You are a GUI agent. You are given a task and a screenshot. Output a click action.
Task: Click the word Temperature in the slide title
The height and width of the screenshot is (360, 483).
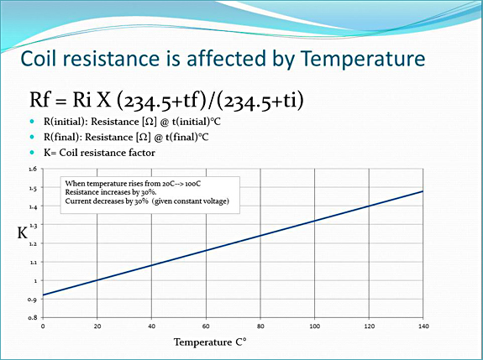[x=363, y=59]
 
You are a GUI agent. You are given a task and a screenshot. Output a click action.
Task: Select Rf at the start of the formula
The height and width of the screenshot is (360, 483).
[x=40, y=99]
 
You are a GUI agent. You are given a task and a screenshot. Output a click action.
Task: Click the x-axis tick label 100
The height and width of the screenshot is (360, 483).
[x=314, y=326]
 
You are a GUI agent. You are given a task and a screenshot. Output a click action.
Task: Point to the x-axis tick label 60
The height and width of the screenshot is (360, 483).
[x=206, y=326]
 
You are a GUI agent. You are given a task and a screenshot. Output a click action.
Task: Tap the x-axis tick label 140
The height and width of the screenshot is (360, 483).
[x=423, y=326]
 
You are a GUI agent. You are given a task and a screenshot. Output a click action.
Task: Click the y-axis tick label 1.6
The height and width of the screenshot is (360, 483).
[x=33, y=169]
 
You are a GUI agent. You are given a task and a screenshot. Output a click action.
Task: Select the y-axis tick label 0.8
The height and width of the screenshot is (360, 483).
[x=33, y=317]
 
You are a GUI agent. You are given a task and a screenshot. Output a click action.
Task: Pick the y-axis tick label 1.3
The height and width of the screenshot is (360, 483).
[x=33, y=225]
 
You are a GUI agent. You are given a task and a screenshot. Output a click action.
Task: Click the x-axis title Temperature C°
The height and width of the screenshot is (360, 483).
[x=210, y=342]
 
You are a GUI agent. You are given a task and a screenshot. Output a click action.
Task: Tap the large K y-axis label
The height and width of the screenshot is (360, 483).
[x=23, y=233]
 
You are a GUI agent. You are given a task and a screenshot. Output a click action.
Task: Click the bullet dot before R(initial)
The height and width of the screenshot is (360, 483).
[x=32, y=121]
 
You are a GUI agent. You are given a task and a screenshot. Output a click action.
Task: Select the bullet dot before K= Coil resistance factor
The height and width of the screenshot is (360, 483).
[x=32, y=152]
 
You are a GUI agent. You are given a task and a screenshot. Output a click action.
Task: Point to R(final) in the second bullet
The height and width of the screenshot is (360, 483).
[x=62, y=137]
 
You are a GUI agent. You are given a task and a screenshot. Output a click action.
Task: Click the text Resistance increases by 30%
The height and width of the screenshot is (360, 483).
[x=111, y=192]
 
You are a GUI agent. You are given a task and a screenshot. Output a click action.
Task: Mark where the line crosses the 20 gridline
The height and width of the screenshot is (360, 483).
[x=97, y=280]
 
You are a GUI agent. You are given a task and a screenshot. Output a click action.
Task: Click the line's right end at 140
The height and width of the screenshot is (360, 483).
[x=423, y=191]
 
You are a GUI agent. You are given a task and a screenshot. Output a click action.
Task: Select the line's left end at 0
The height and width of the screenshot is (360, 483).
[x=43, y=295]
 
